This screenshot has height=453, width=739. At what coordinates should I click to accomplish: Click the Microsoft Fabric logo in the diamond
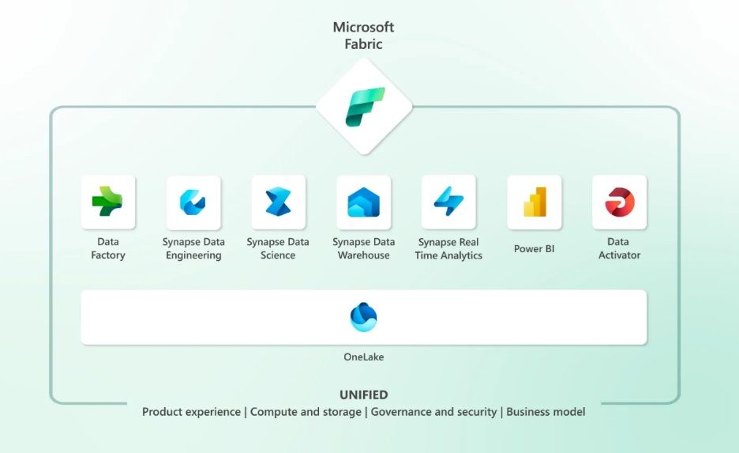point(365,108)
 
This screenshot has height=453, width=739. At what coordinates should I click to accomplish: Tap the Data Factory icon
point(108,202)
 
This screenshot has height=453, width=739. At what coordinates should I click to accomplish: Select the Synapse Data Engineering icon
point(193,202)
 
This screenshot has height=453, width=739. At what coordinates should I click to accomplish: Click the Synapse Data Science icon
point(278,202)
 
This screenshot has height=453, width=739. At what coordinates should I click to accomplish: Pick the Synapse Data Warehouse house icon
point(363,202)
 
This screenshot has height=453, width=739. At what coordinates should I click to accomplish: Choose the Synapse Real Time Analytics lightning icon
point(448,202)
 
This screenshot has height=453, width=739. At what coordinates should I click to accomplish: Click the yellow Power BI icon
point(534,202)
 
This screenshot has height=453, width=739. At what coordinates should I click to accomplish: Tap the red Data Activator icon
point(619,202)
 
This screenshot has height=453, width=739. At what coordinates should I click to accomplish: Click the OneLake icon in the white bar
point(364,317)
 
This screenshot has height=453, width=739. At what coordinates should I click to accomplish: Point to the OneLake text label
point(364,357)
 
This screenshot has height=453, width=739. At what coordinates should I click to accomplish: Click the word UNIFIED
point(364,394)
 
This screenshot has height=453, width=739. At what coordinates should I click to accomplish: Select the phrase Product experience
point(191,412)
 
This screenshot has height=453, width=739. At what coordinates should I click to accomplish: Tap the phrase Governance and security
point(433,412)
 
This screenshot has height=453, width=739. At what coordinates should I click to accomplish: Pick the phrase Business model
point(546,412)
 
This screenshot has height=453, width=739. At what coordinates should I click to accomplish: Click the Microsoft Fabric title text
point(363,36)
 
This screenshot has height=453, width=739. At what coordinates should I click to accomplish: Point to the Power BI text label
point(534,248)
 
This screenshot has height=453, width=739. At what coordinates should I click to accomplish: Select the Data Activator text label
point(619,248)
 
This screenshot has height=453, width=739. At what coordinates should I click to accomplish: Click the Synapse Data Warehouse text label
point(363,248)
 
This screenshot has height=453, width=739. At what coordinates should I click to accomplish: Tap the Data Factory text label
point(108,248)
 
